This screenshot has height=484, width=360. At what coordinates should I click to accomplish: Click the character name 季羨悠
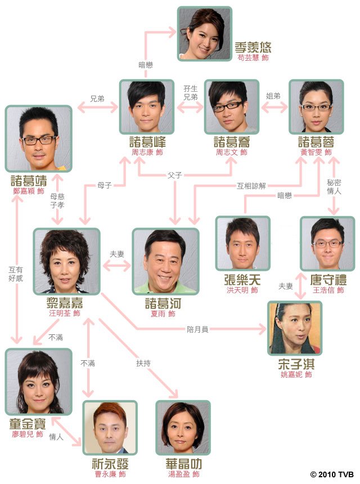click(253, 47)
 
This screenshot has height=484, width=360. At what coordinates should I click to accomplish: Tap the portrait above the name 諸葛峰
click(147, 107)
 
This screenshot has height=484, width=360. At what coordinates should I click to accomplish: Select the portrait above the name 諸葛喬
click(232, 107)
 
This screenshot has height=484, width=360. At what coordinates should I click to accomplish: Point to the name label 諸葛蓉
click(316, 142)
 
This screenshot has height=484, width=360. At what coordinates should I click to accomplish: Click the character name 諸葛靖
click(29, 181)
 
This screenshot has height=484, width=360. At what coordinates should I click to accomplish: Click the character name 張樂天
click(242, 280)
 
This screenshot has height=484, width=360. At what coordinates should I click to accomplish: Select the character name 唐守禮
click(328, 280)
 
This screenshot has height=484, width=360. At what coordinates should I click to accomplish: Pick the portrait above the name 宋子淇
click(295, 329)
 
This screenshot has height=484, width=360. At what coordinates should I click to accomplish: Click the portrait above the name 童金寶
click(39, 382)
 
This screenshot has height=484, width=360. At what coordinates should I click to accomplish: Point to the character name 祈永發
click(110, 464)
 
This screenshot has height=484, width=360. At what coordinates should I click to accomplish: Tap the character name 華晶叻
click(183, 464)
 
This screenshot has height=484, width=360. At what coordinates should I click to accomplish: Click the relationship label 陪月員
click(197, 329)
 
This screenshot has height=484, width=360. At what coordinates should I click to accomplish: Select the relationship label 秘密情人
click(334, 187)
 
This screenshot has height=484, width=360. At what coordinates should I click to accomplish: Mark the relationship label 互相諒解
click(251, 186)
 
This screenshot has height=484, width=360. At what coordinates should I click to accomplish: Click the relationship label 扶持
click(143, 363)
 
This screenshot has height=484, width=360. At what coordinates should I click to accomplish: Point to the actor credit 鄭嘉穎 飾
click(29, 191)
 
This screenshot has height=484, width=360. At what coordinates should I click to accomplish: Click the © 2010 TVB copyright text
click(332, 474)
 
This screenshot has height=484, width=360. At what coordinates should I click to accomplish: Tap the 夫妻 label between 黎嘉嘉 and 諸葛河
click(117, 254)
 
